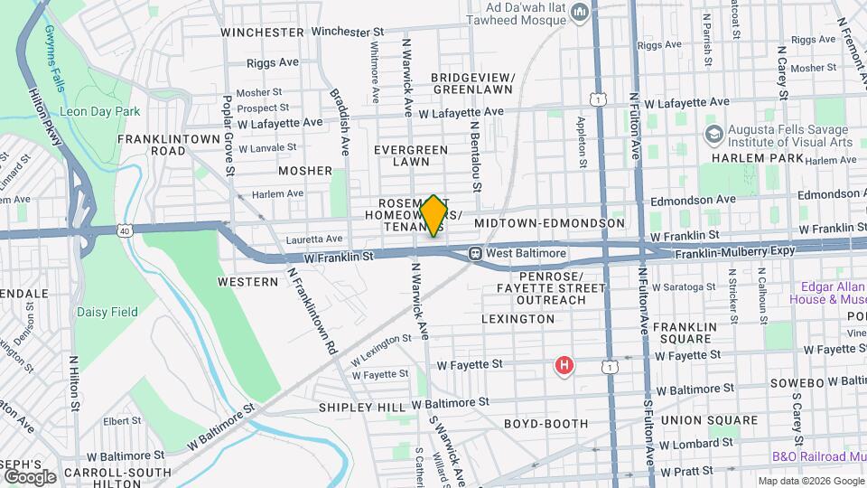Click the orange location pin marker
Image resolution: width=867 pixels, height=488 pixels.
click(433, 216)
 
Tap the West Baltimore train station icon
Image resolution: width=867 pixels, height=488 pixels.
click(474, 254)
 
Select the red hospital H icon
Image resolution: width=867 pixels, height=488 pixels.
click(564, 366)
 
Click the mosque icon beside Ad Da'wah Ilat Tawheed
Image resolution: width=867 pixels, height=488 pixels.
click(580, 13)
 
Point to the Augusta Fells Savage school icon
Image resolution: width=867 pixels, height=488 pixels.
click(713, 135)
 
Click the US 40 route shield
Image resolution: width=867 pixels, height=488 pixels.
click(123, 232)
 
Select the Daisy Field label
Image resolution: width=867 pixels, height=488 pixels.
click(107, 312)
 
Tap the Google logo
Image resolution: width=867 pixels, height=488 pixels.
click(30, 476)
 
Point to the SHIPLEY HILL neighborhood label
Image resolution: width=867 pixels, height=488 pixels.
click(362, 408)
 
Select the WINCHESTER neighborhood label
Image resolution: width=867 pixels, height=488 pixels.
click(262, 32)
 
